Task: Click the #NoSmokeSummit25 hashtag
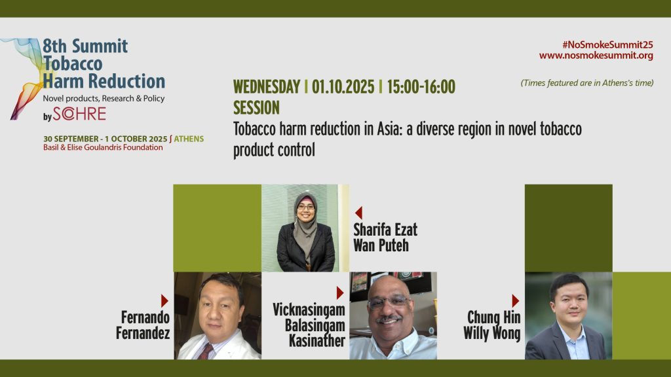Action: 607,45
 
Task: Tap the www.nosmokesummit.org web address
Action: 596,56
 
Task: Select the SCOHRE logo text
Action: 79,114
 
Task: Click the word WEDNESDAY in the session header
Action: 267,87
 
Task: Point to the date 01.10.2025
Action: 343,87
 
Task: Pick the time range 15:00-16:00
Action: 421,87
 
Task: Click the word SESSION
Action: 256,108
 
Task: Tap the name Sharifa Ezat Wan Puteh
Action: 385,238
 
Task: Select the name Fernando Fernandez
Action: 143,325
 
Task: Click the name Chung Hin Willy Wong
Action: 492,325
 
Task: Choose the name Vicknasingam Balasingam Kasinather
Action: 309,325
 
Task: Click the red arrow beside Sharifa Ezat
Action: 358,213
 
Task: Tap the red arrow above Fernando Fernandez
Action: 164,301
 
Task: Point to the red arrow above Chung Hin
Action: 516,301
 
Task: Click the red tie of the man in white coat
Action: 206,351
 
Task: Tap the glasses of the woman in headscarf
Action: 306,207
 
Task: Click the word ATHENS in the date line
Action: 189,139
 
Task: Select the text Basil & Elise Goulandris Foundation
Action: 103,147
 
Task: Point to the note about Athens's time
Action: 587,83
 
